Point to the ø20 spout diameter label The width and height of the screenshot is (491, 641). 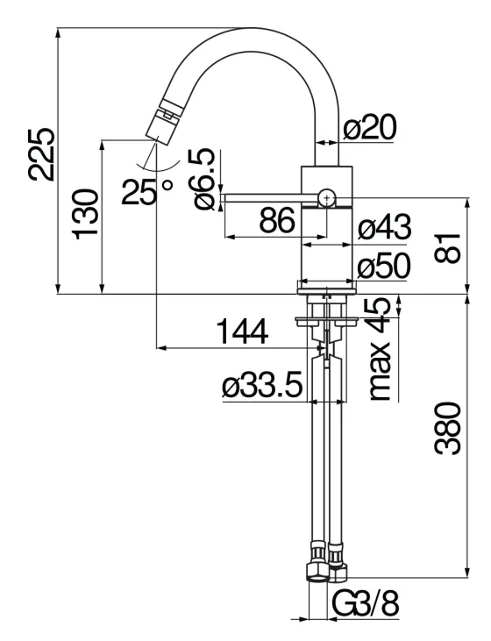[x=369, y=129]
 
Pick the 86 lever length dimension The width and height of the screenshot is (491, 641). [x=277, y=223]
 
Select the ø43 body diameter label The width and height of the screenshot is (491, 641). [x=384, y=230]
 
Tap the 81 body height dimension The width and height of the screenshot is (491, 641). [x=449, y=247]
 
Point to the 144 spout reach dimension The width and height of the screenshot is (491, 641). [x=242, y=332]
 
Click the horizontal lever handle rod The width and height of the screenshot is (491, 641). [x=263, y=199]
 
